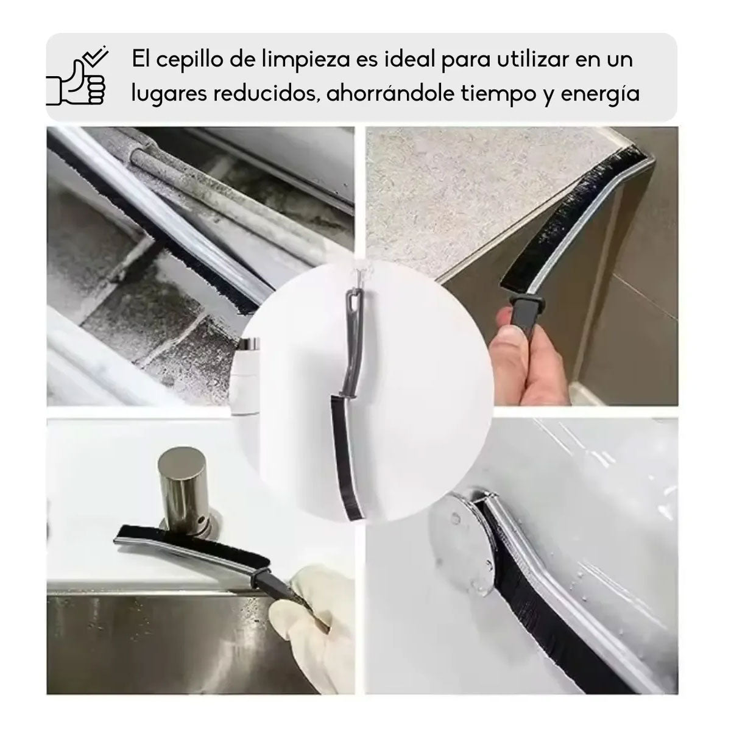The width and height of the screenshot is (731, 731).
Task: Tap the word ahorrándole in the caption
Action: (x=390, y=94)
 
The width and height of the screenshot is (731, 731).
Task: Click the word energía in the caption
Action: (x=604, y=95)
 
